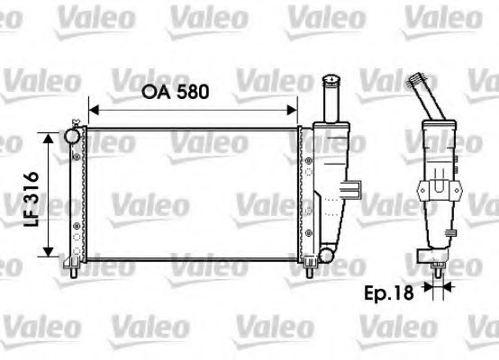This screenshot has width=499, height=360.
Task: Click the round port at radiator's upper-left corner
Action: (72, 135)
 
